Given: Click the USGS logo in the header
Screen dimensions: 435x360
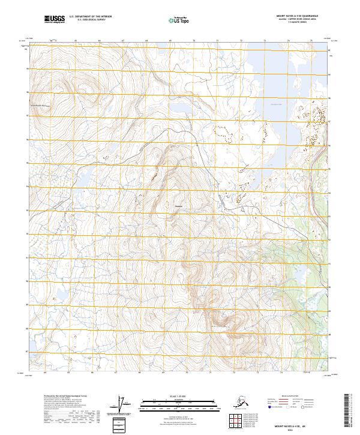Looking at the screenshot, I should pos(55,20).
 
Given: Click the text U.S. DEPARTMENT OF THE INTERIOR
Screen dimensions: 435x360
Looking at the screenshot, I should pos(91,17).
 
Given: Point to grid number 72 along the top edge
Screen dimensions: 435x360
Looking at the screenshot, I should pos(241,41).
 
